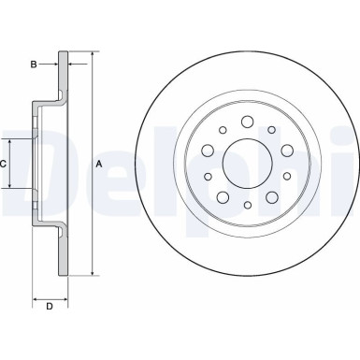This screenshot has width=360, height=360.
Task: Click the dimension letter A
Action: [x=100, y=164]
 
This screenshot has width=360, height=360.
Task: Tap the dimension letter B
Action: [x=34, y=65]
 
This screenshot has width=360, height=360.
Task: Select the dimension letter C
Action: [x=5, y=164]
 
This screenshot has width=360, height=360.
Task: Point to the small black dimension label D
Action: [x=50, y=304]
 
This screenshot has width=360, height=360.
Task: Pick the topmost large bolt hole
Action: [x=247, y=121]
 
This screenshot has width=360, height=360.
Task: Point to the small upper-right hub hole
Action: [x=272, y=131]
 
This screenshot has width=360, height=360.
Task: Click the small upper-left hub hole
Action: [x=221, y=131]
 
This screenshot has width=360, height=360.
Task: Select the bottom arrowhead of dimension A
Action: [x=94, y=275]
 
